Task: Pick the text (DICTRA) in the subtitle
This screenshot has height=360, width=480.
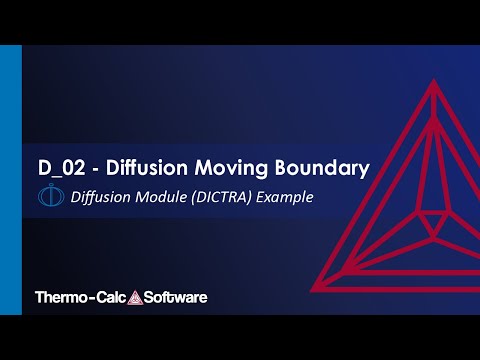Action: [216, 197]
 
